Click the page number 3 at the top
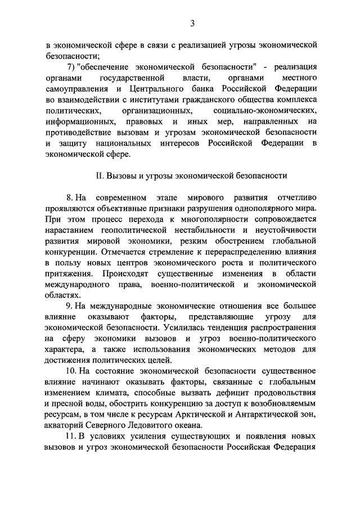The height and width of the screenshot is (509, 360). tap(192, 23)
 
